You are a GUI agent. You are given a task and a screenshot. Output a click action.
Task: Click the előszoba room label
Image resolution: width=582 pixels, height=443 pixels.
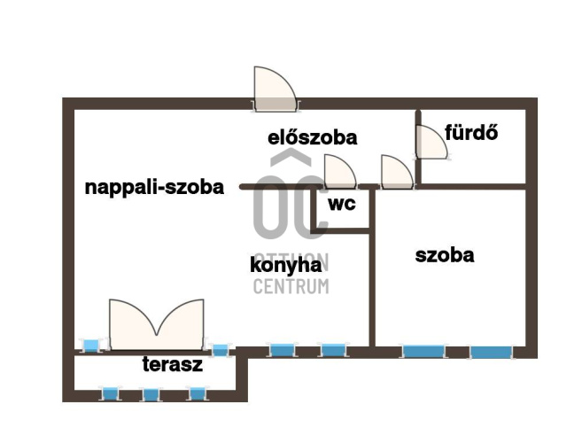[312, 137]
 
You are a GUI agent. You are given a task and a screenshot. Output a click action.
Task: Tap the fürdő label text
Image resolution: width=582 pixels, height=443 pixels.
[471, 134]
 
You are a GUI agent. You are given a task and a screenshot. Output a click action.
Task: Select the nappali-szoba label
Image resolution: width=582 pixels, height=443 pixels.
[154, 187]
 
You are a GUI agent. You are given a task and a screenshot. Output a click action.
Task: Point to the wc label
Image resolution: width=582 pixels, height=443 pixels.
[342, 203]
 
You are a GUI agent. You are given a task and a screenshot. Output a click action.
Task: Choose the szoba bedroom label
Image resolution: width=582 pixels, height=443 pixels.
[445, 255]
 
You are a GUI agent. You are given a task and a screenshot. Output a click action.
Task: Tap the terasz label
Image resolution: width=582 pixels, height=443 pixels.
[173, 364]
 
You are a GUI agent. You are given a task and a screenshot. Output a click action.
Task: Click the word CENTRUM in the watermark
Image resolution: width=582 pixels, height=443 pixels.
[291, 285]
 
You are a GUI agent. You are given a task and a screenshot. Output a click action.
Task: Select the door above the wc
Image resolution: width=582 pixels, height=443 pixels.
[339, 171]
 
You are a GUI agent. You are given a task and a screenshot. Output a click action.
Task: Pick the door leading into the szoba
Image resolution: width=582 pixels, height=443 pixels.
[395, 171]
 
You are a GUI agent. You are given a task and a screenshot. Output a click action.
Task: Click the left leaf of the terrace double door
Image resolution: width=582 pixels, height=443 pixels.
[132, 321]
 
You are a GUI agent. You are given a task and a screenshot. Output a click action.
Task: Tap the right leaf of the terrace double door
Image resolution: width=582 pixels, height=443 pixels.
[183, 321]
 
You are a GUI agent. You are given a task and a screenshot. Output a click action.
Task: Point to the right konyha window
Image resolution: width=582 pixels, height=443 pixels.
[331, 350]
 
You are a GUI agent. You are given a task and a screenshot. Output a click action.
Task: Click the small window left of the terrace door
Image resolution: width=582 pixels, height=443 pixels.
[91, 345]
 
